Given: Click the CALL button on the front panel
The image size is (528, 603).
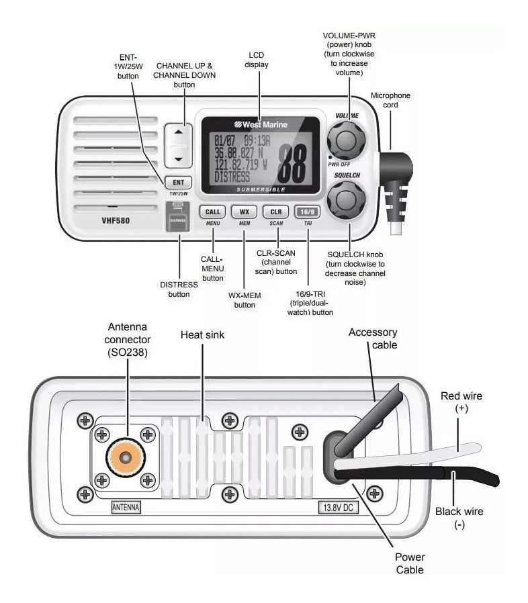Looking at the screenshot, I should pyautogui.click(x=212, y=211).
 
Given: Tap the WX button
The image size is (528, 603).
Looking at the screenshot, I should pyautogui.click(x=244, y=211).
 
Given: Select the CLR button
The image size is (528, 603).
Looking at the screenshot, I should pyautogui.click(x=275, y=211).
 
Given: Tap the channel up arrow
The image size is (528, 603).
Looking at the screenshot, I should pyautogui.click(x=178, y=132).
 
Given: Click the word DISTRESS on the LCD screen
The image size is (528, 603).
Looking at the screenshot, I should pyautogui.click(x=232, y=177).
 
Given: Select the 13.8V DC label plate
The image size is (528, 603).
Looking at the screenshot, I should pyautogui.click(x=337, y=508).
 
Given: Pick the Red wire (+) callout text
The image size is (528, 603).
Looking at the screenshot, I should pyautogui.click(x=461, y=402).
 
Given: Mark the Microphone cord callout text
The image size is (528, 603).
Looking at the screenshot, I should pyautogui.click(x=390, y=100).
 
